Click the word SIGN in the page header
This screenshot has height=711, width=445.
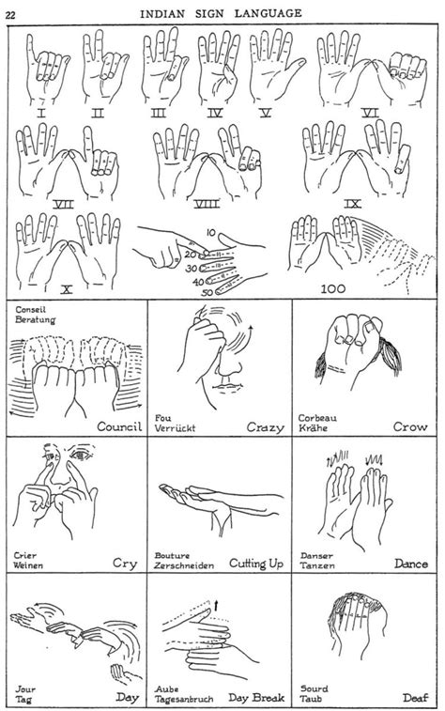[x=225, y=12]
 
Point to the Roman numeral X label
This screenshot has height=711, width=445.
[x=66, y=288]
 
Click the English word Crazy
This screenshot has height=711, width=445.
[x=266, y=427]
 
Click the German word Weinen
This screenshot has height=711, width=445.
[x=28, y=566]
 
